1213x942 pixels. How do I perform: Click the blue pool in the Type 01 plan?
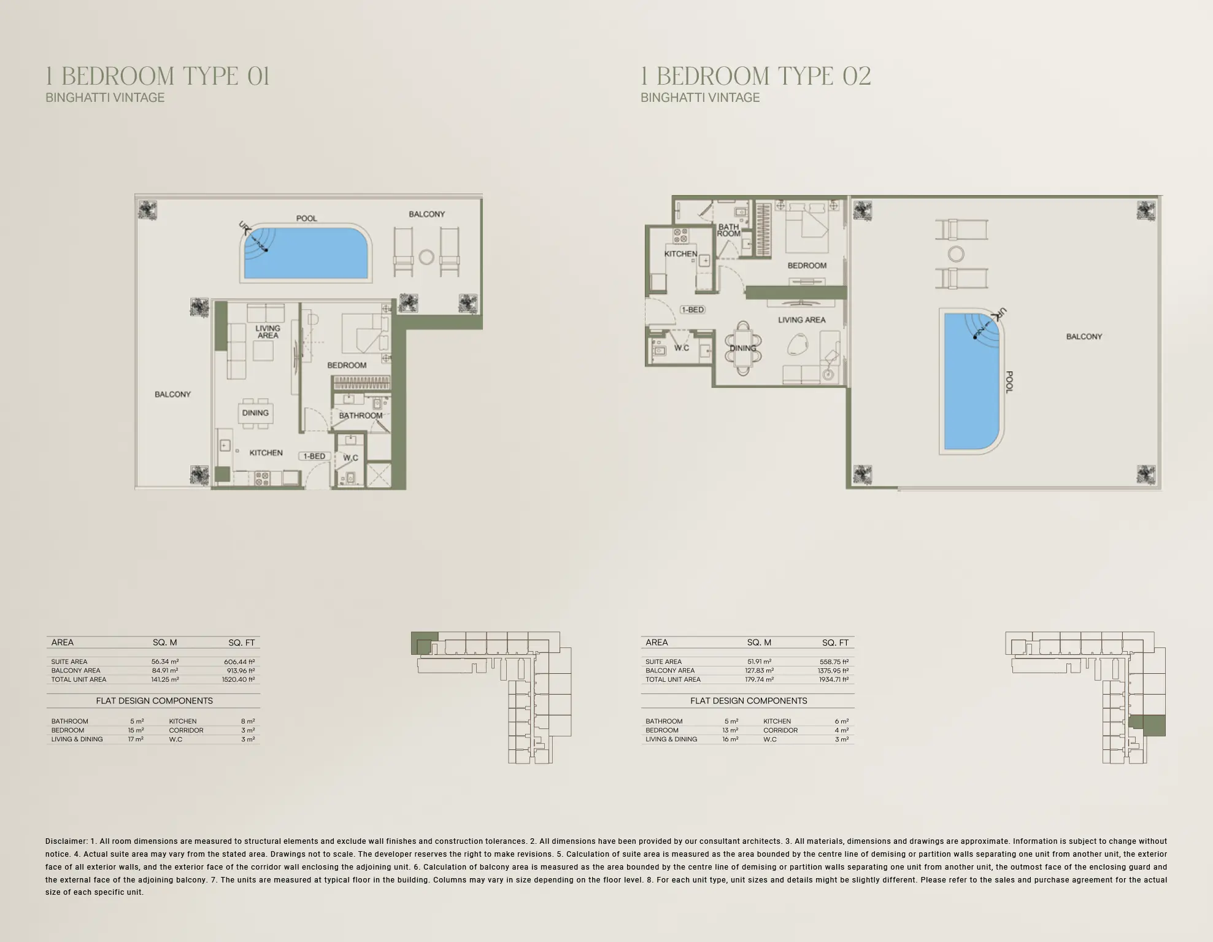coord(307,253)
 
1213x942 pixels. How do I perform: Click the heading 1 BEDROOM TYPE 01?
coord(158,77)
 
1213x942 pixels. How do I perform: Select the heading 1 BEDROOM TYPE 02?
coord(756,77)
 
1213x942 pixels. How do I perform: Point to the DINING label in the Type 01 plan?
coord(255,413)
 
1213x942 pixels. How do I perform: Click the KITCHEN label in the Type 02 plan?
coord(680,253)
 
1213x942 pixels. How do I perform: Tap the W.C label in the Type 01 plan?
coord(350,458)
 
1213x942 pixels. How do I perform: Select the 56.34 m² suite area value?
coord(165,662)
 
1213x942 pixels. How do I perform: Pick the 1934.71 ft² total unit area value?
coord(833,679)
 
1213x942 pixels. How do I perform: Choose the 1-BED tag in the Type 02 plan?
coord(692,310)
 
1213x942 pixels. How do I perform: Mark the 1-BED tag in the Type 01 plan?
coord(314,456)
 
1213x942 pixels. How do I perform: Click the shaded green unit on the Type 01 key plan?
coord(423,642)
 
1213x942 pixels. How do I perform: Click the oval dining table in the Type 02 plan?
coord(743,349)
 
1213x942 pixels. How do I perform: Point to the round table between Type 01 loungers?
coord(426,257)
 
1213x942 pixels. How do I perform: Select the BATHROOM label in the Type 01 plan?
coord(361,415)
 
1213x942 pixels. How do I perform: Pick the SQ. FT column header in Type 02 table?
coord(835,643)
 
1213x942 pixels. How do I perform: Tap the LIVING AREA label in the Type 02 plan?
coord(801,320)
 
